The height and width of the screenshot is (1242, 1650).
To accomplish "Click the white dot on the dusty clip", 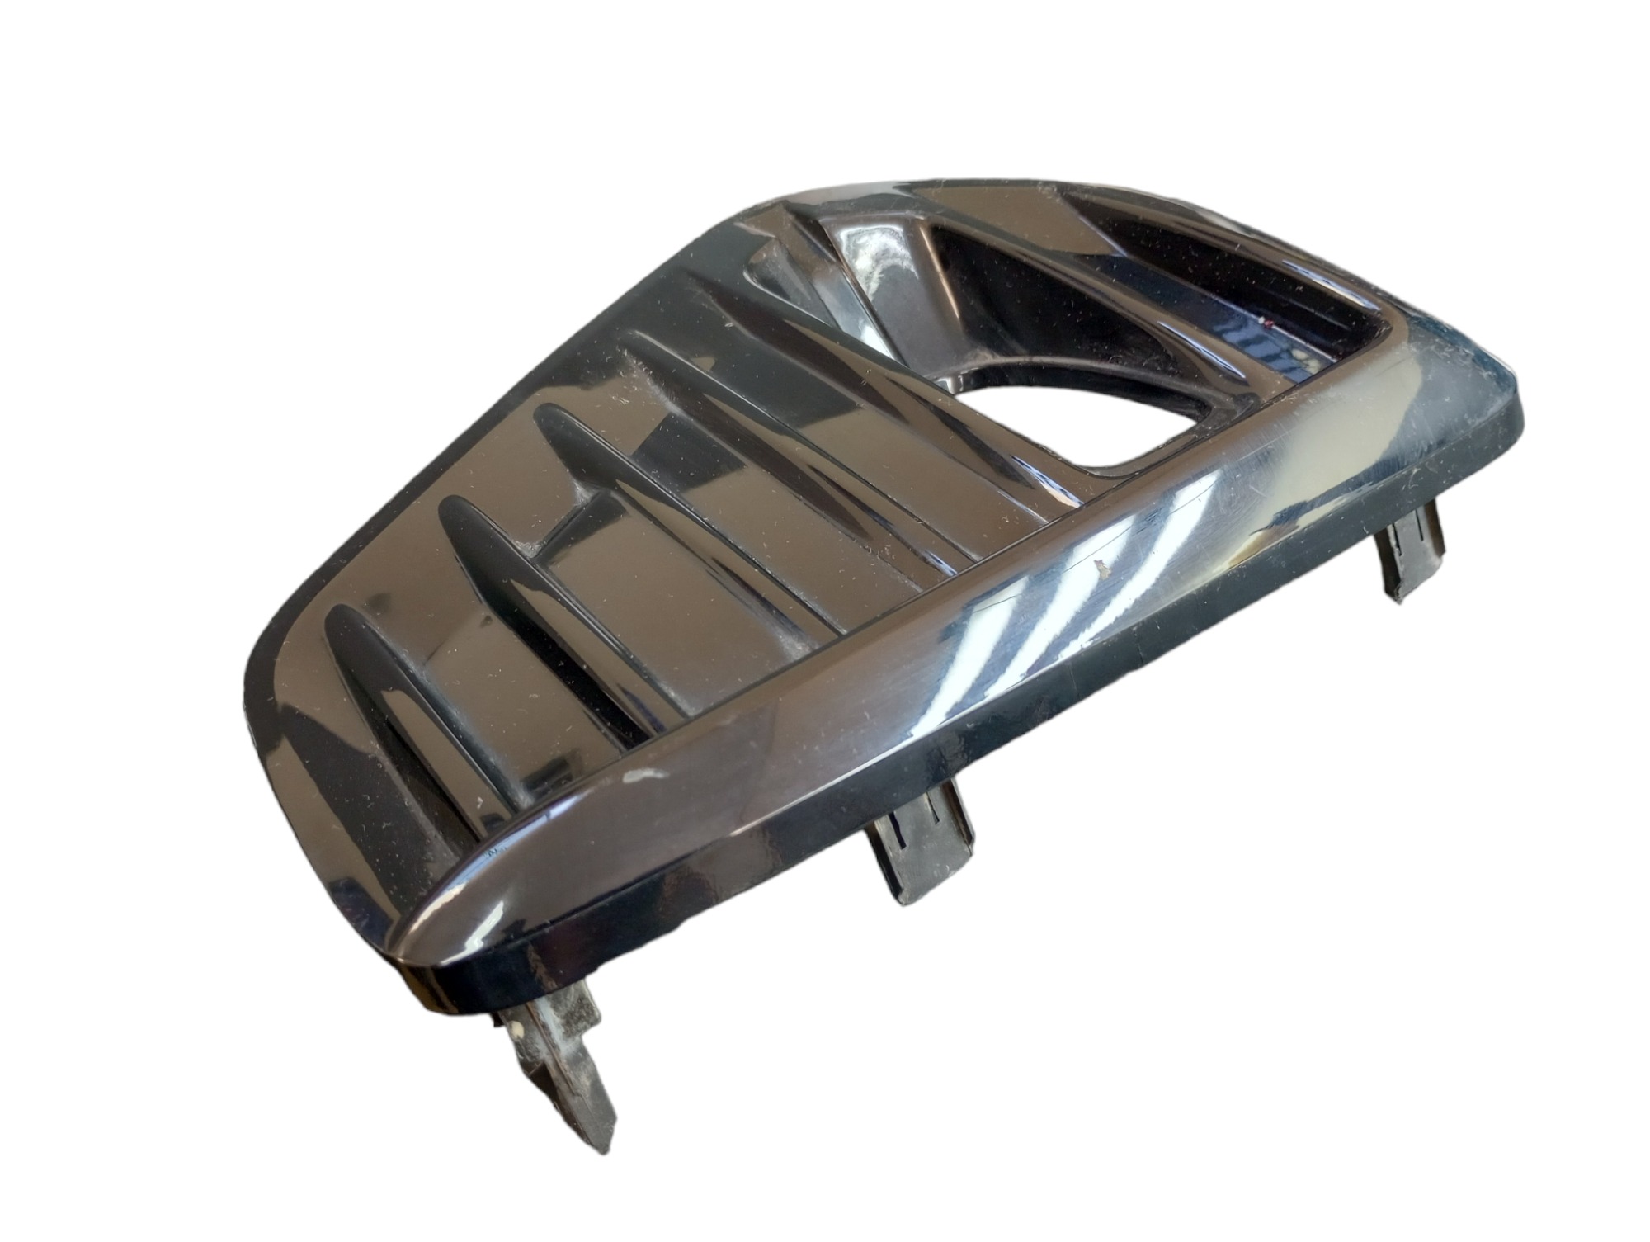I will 516,1031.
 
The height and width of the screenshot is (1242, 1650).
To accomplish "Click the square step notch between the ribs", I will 569,516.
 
